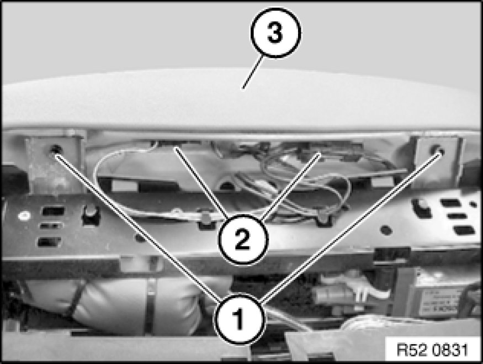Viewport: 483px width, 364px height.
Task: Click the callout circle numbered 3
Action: (275, 33)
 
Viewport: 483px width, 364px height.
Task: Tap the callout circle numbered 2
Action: (243, 239)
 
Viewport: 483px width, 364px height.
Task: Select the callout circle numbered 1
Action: (240, 318)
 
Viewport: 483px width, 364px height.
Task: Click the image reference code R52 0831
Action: (432, 350)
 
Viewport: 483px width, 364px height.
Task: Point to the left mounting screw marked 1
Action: (56, 149)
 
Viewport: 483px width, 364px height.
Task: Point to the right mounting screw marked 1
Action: (438, 150)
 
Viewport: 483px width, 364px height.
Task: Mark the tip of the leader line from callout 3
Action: (243, 89)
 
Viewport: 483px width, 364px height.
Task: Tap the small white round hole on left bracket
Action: (23, 215)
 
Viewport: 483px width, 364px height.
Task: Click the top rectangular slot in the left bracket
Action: (53, 211)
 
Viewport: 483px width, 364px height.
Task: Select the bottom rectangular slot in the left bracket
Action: (49, 242)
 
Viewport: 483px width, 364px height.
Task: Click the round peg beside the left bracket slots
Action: (91, 212)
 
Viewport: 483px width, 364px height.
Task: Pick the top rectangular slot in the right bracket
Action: (451, 203)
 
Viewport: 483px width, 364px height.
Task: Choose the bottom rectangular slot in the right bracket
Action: (464, 230)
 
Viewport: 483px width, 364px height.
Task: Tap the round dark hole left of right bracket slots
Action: (386, 230)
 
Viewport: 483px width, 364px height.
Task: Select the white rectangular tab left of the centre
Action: (125, 185)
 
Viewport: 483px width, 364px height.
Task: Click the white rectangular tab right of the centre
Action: (383, 182)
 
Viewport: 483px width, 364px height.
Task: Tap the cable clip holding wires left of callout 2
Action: (205, 216)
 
